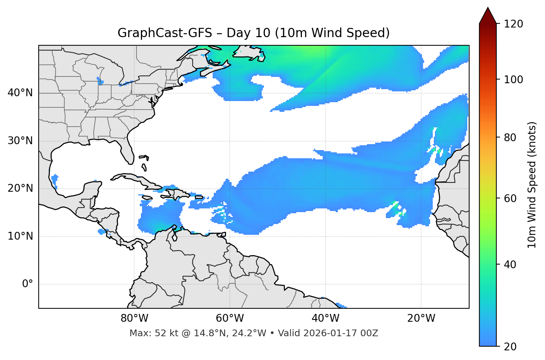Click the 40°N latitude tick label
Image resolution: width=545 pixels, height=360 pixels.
pyautogui.click(x=20, y=93)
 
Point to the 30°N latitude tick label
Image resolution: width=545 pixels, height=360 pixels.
pyautogui.click(x=20, y=141)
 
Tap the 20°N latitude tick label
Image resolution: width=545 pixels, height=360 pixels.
pyautogui.click(x=20, y=189)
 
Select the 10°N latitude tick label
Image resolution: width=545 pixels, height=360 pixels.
pyautogui.click(x=20, y=236)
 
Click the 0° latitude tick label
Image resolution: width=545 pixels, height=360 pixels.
pyautogui.click(x=28, y=284)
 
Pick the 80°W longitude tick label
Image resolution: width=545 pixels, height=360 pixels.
pyautogui.click(x=134, y=318)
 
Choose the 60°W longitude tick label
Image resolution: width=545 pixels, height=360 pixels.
pyautogui.click(x=230, y=318)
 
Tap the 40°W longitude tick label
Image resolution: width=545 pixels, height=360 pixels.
pyautogui.click(x=326, y=318)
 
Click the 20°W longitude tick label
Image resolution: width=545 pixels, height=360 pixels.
pyautogui.click(x=421, y=318)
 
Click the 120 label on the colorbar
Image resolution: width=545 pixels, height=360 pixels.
pyautogui.click(x=513, y=24)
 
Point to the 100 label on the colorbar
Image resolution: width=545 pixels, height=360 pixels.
pyautogui.click(x=513, y=80)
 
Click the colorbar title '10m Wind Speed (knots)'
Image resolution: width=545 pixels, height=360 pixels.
pyautogui.click(x=532, y=185)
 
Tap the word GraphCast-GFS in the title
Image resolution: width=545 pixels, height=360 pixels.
pyautogui.click(x=165, y=33)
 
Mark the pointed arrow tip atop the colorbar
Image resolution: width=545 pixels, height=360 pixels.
pyautogui.click(x=488, y=8)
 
